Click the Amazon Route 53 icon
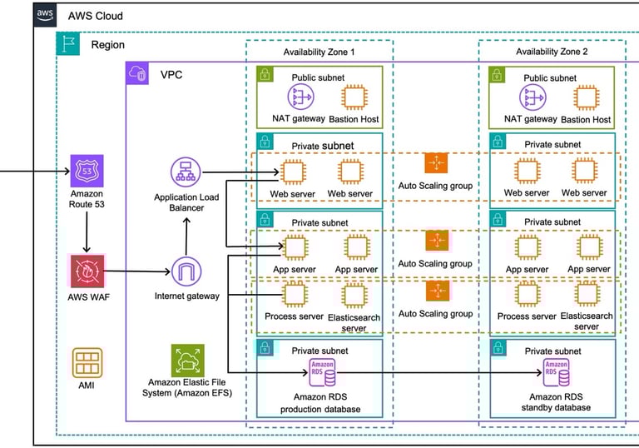tap(87, 172)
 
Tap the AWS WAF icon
tap(87, 271)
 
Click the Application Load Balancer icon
tap(186, 173)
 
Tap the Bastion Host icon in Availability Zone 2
tap(591, 98)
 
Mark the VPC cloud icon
tap(137, 73)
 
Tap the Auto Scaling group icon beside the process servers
tap(436, 292)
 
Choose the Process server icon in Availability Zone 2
tap(526, 295)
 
